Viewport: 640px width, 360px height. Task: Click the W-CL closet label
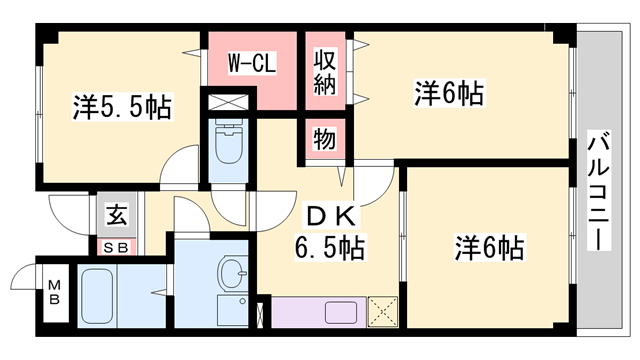tap(252, 63)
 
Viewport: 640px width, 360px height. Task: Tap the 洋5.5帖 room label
tap(122, 107)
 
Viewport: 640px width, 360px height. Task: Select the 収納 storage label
tap(325, 72)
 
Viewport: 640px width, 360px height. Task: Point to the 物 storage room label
tap(325, 139)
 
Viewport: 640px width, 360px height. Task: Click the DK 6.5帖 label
tap(330, 233)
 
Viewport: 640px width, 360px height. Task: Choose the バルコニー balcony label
tap(599, 191)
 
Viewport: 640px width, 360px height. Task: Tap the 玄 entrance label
tap(117, 214)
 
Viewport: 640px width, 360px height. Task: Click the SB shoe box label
tap(116, 247)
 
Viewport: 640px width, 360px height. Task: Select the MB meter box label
tap(55, 292)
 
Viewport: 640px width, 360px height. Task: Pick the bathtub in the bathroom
tap(97, 296)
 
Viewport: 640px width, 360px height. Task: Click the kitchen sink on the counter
tap(341, 312)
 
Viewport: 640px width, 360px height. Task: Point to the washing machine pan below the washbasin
tap(233, 311)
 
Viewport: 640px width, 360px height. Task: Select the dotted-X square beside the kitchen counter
tap(383, 312)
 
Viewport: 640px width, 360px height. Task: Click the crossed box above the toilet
tap(228, 102)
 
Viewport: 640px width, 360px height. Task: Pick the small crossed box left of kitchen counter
tap(260, 314)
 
